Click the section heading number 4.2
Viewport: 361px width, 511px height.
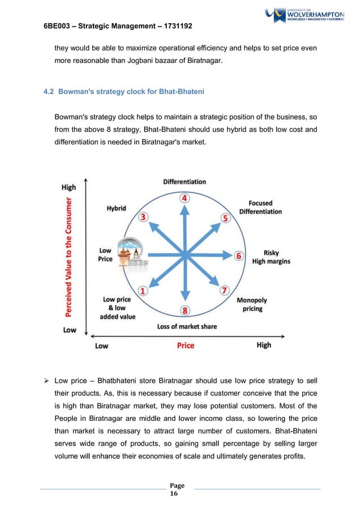pyautogui.click(x=50, y=92)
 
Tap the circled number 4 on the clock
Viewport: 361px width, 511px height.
pyautogui.click(x=184, y=198)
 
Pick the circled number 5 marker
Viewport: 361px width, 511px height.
pyautogui.click(x=225, y=218)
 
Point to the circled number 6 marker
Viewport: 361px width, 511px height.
pyautogui.click(x=239, y=256)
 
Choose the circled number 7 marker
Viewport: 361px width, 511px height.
pyautogui.click(x=225, y=291)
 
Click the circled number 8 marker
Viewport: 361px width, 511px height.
pyautogui.click(x=185, y=310)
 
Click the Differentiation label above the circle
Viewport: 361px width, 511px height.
pyautogui.click(x=184, y=182)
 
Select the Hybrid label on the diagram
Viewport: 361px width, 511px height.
pyautogui.click(x=117, y=208)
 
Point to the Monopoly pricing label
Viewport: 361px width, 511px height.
pyautogui.click(x=252, y=305)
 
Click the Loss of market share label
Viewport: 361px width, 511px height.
pyautogui.click(x=187, y=326)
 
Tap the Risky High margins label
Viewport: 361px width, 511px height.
pyautogui.click(x=271, y=257)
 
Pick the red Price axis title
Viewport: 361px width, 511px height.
pyautogui.click(x=186, y=345)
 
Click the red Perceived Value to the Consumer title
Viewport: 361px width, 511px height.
pyautogui.click(x=70, y=256)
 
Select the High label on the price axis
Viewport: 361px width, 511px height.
pyautogui.click(x=264, y=345)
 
